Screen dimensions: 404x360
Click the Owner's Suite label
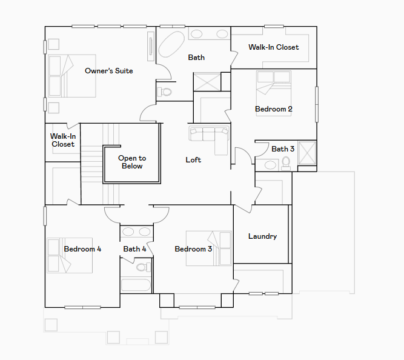click(x=109, y=71)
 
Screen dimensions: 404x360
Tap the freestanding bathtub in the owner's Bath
click(x=171, y=44)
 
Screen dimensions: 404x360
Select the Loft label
click(x=193, y=160)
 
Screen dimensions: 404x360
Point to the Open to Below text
click(x=132, y=162)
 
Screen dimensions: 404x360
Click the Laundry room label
click(x=262, y=236)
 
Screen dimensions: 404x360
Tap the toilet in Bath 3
click(x=285, y=164)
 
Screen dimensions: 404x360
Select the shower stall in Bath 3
click(x=307, y=153)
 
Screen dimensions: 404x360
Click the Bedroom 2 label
click(x=274, y=109)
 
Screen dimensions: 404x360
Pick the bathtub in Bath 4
click(x=136, y=285)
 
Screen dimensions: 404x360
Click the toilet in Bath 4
click(x=144, y=267)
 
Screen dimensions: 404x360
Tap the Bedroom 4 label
click(x=82, y=249)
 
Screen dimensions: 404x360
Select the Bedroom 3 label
click(x=193, y=249)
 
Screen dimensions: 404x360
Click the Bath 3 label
click(x=283, y=149)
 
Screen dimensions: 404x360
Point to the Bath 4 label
click(x=134, y=249)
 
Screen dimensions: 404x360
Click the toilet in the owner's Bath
click(x=165, y=92)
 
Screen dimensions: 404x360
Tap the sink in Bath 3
click(x=270, y=165)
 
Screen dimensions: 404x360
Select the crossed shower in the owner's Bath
click(x=207, y=82)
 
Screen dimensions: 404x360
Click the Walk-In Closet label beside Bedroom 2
click(x=274, y=47)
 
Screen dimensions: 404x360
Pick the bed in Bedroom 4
click(x=70, y=255)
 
